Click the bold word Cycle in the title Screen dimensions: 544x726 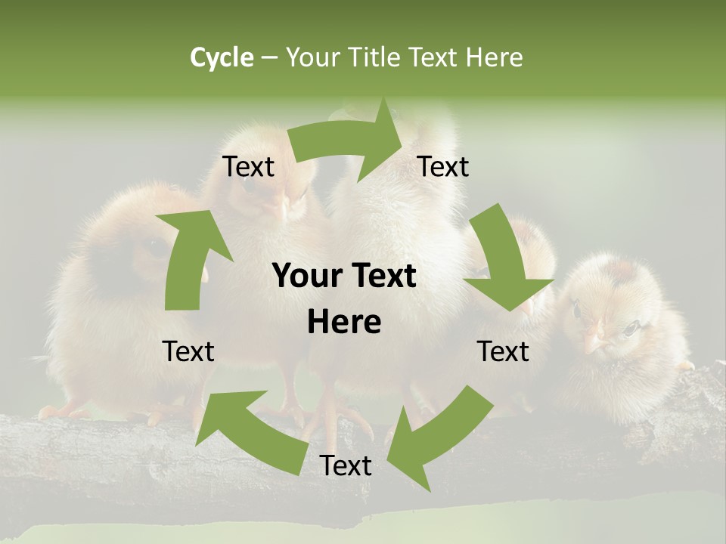click(x=222, y=57)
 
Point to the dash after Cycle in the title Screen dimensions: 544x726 click(x=269, y=58)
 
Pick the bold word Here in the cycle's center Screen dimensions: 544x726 click(x=344, y=323)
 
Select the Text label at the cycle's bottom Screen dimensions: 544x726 click(x=346, y=466)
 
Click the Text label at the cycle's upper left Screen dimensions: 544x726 click(x=248, y=167)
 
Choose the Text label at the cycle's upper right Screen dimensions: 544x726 click(x=443, y=167)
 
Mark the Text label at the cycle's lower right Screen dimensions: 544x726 click(x=503, y=351)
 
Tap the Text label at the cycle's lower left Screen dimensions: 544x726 click(x=188, y=351)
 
